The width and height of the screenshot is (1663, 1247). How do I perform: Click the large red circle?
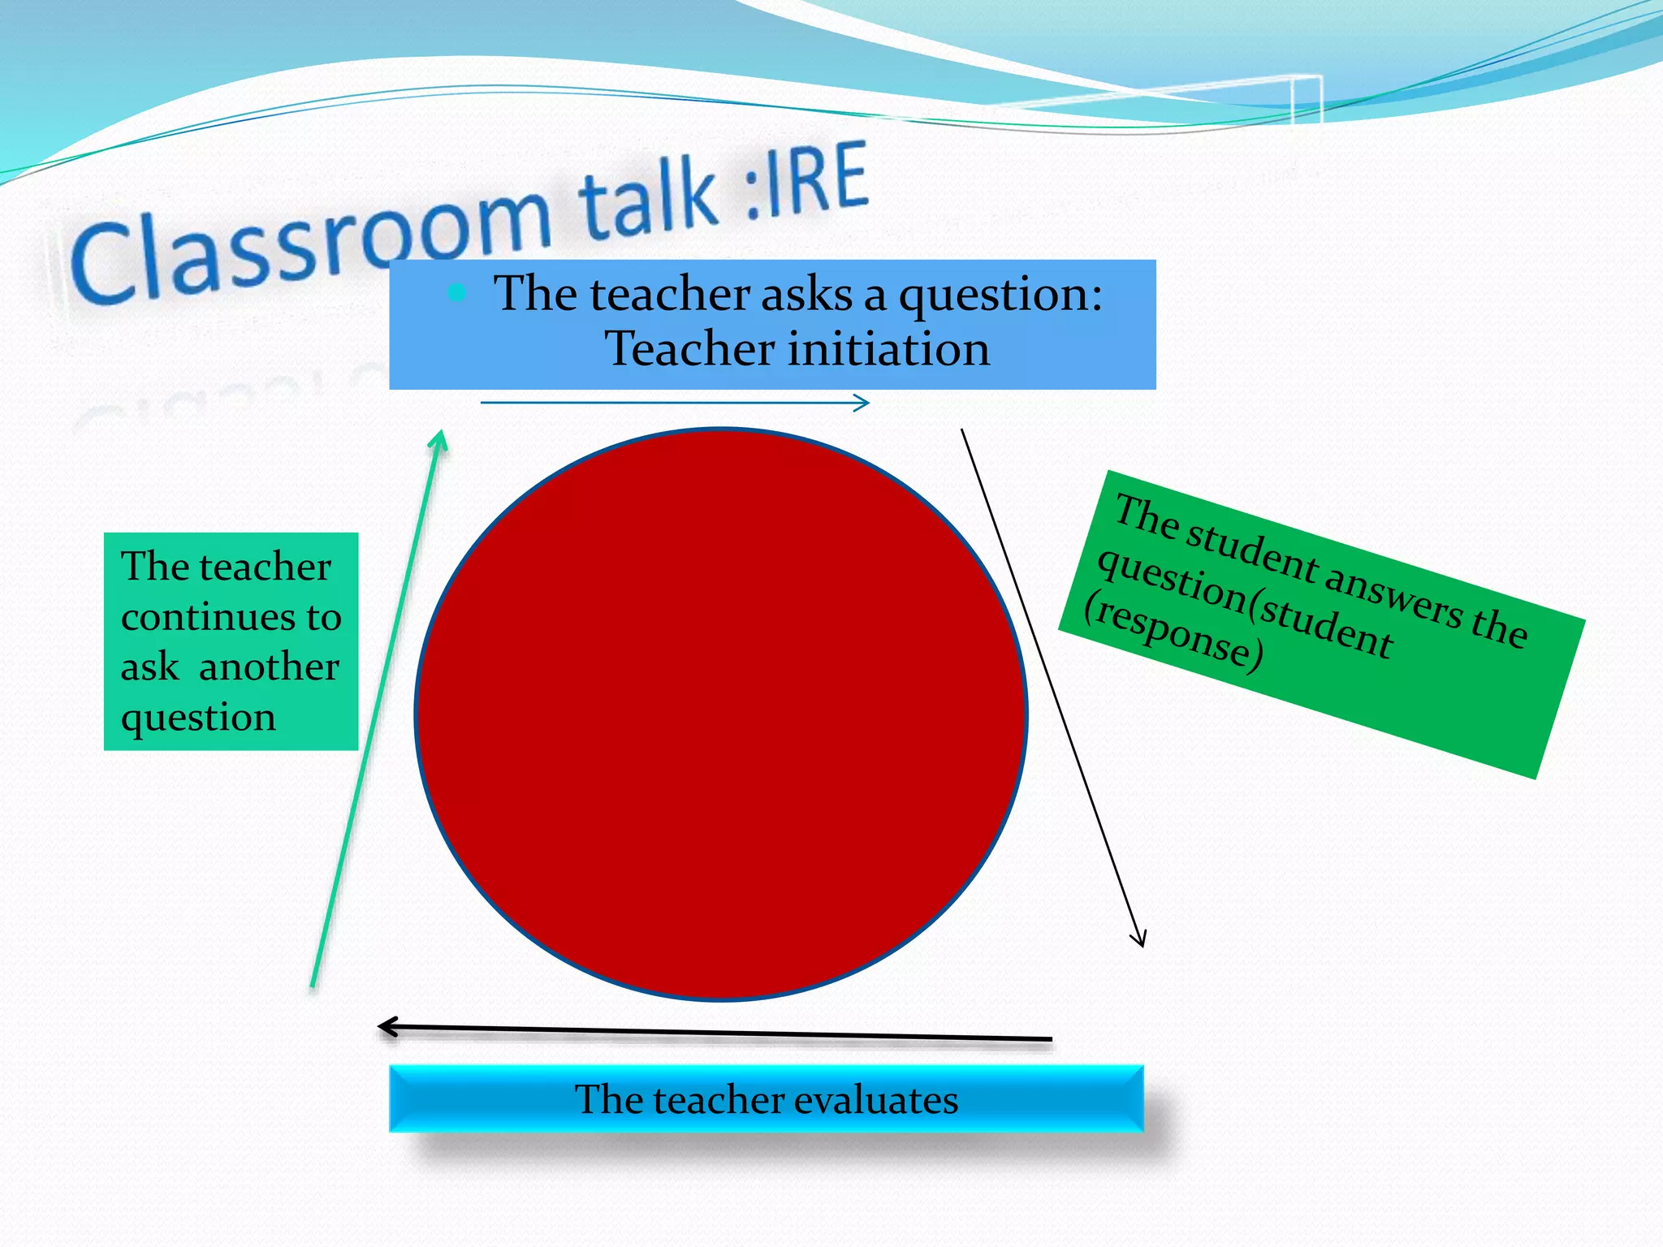pyautogui.click(x=721, y=714)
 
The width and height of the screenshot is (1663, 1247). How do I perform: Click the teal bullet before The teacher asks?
pyautogui.click(x=457, y=292)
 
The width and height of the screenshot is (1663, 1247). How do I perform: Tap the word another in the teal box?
pyautogui.click(x=269, y=667)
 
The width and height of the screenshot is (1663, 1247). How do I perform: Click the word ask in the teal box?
pyautogui.click(x=149, y=667)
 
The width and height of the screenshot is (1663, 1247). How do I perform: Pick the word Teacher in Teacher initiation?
pyautogui.click(x=690, y=350)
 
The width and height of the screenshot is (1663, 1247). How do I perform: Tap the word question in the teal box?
pyautogui.click(x=198, y=718)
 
